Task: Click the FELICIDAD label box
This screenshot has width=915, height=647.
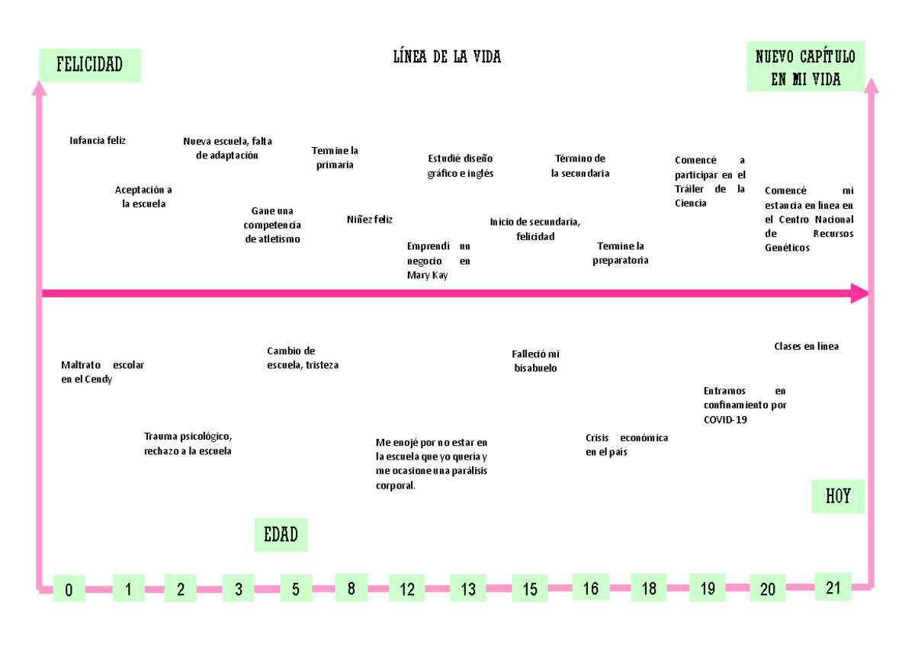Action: pos(90,66)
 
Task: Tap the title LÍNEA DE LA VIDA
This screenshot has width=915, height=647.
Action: pos(447,56)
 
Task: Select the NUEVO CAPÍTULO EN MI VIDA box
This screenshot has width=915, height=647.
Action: pos(805,66)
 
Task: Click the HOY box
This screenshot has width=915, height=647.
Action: pos(838,496)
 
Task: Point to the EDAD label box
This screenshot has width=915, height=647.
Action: pos(281,535)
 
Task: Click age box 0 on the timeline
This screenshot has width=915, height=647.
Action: pos(69,588)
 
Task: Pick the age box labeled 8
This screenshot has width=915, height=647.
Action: pos(352,588)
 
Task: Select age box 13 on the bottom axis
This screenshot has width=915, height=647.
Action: pos(467,588)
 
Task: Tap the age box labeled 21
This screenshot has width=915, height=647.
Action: pos(833,587)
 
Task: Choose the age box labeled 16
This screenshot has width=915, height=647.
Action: pos(591,587)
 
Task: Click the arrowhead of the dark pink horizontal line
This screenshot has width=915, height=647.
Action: pos(859,293)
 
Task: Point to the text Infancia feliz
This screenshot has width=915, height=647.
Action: pos(98,141)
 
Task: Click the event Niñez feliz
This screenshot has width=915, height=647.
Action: pos(369,219)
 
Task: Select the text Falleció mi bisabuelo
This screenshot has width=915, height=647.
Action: pos(535,361)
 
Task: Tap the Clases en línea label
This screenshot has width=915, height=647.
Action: pos(807,346)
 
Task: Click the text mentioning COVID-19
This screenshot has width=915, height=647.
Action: pos(745,405)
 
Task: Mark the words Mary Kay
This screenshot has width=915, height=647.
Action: pos(427,276)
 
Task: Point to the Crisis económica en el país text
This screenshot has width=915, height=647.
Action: pos(627,444)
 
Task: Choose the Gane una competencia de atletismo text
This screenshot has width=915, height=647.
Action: pos(272,225)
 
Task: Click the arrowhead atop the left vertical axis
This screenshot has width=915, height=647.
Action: pos(39,88)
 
